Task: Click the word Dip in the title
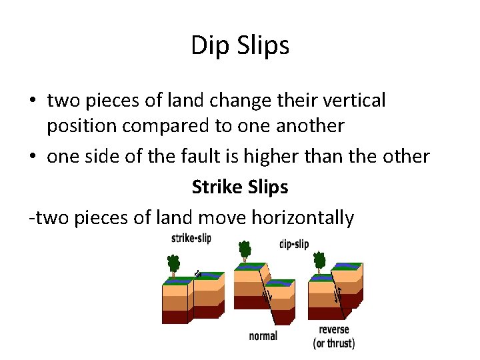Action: [207, 46]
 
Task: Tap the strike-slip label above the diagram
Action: [191, 239]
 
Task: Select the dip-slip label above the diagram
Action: [294, 244]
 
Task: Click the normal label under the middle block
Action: [263, 336]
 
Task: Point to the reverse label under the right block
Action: [334, 330]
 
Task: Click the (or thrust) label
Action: [334, 343]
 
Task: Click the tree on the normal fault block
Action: [245, 252]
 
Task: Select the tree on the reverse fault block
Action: [320, 261]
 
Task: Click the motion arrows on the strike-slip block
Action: [198, 273]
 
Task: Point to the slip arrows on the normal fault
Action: [267, 295]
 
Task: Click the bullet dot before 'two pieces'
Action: [33, 101]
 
